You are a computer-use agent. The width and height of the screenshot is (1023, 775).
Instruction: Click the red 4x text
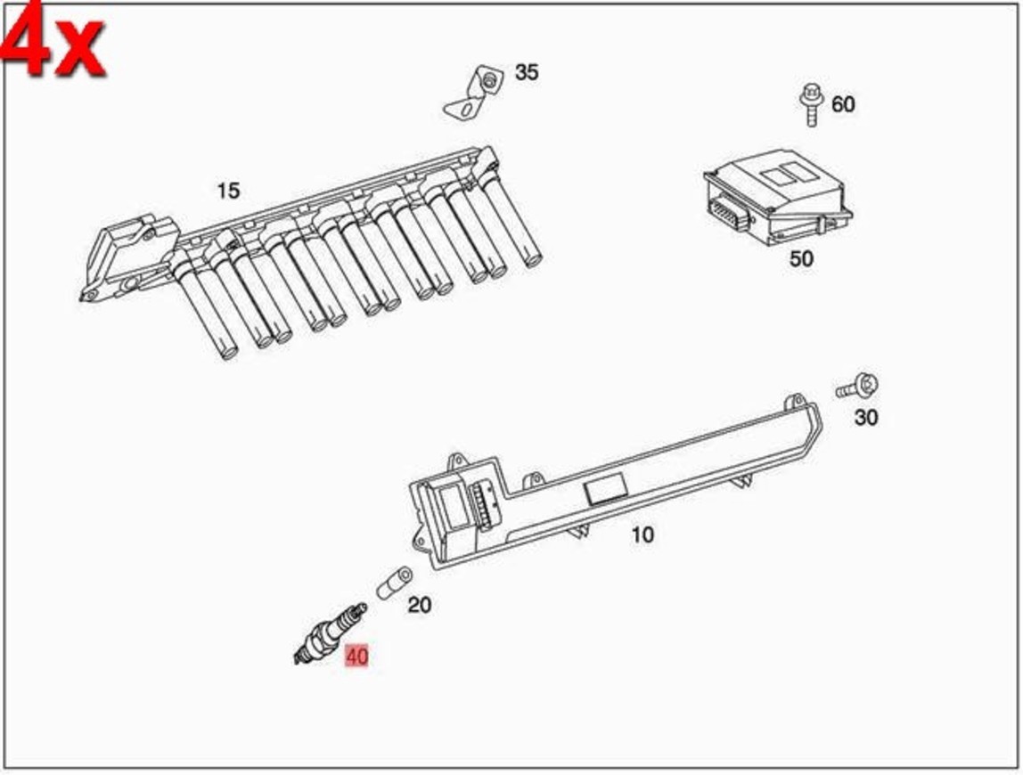coord(53,40)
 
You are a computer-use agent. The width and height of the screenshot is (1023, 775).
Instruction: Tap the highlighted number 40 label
coord(356,657)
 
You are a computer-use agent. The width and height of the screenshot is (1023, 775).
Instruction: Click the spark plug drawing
coord(330,633)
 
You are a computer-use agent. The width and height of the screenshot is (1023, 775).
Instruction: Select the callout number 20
coord(419,605)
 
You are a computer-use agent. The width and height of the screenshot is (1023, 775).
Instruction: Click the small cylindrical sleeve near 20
coord(392,582)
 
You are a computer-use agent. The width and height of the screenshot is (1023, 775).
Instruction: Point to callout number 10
coord(642,534)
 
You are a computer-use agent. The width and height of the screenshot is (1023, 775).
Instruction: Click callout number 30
coord(865,417)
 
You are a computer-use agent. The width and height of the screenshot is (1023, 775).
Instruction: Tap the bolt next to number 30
coord(858,387)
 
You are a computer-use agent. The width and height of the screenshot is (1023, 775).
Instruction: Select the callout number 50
coord(801,259)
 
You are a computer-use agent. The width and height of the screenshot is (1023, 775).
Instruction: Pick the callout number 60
coord(842,104)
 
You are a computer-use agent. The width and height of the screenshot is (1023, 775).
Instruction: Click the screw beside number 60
coord(811,104)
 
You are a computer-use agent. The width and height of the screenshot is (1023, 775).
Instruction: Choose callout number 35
coord(527,72)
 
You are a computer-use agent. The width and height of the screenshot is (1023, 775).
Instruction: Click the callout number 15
coord(228,191)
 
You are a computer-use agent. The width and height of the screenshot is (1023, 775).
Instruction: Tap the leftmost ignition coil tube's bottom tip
coord(229,353)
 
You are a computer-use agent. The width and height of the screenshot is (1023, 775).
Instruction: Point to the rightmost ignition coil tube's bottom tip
coord(532,261)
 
